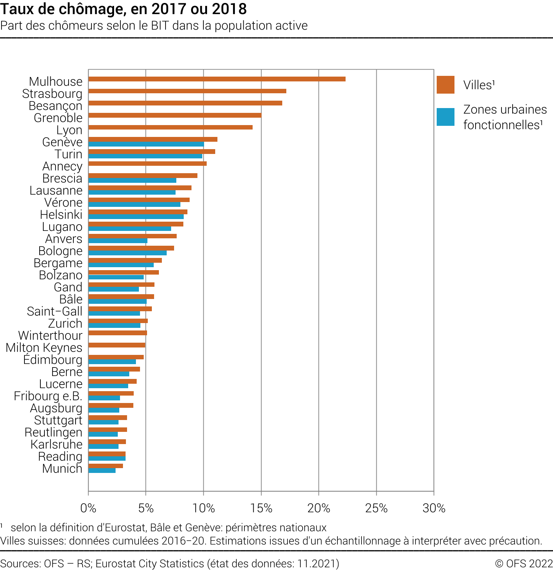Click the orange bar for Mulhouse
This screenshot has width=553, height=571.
[217, 79]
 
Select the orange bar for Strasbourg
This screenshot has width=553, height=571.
[187, 91]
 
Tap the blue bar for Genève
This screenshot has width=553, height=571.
[146, 144]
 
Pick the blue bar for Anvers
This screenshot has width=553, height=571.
[118, 241]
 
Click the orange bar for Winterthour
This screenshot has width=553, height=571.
[118, 333]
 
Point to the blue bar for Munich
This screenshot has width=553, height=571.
[102, 471]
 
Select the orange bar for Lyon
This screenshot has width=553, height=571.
[170, 127]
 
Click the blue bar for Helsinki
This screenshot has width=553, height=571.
[136, 217]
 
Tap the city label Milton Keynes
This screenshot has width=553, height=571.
[44, 347]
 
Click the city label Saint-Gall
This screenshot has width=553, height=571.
[54, 311]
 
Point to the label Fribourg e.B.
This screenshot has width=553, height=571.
[48, 396]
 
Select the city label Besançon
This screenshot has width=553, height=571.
[56, 106]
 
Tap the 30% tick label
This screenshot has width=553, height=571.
[434, 508]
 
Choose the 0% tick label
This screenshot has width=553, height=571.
[88, 508]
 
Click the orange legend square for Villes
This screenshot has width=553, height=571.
[445, 85]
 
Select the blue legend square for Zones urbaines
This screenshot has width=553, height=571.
[445, 117]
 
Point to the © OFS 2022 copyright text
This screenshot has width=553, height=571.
[524, 563]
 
